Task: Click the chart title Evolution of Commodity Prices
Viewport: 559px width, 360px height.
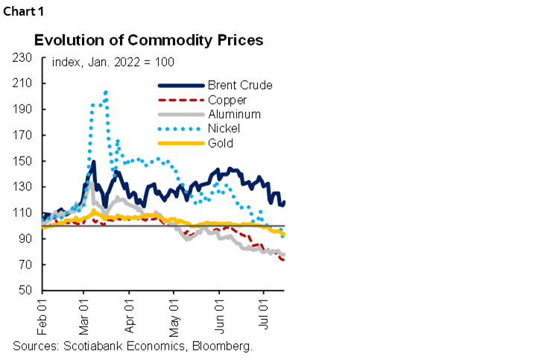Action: [148, 40]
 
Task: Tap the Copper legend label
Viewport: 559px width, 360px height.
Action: [229, 99]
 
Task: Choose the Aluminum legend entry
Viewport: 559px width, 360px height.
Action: [234, 114]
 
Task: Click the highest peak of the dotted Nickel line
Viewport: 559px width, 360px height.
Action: [106, 92]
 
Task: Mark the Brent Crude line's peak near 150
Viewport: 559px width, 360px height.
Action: [94, 162]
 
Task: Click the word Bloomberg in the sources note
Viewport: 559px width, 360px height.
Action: [225, 346]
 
